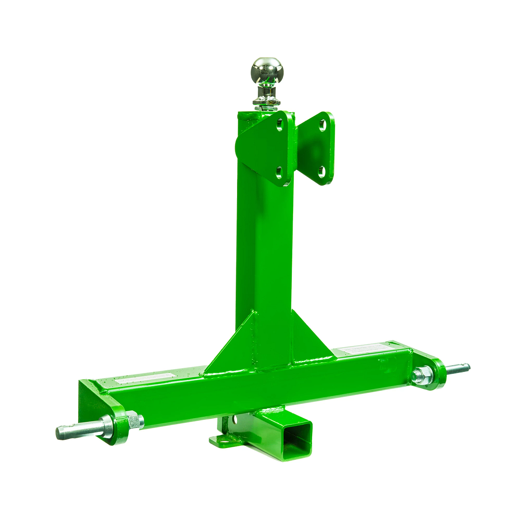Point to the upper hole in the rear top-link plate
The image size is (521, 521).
tap(322, 127)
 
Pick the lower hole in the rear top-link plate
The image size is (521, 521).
tap(322, 170)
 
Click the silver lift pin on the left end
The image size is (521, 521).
tap(78, 430)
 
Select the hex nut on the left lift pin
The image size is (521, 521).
tap(135, 421)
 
